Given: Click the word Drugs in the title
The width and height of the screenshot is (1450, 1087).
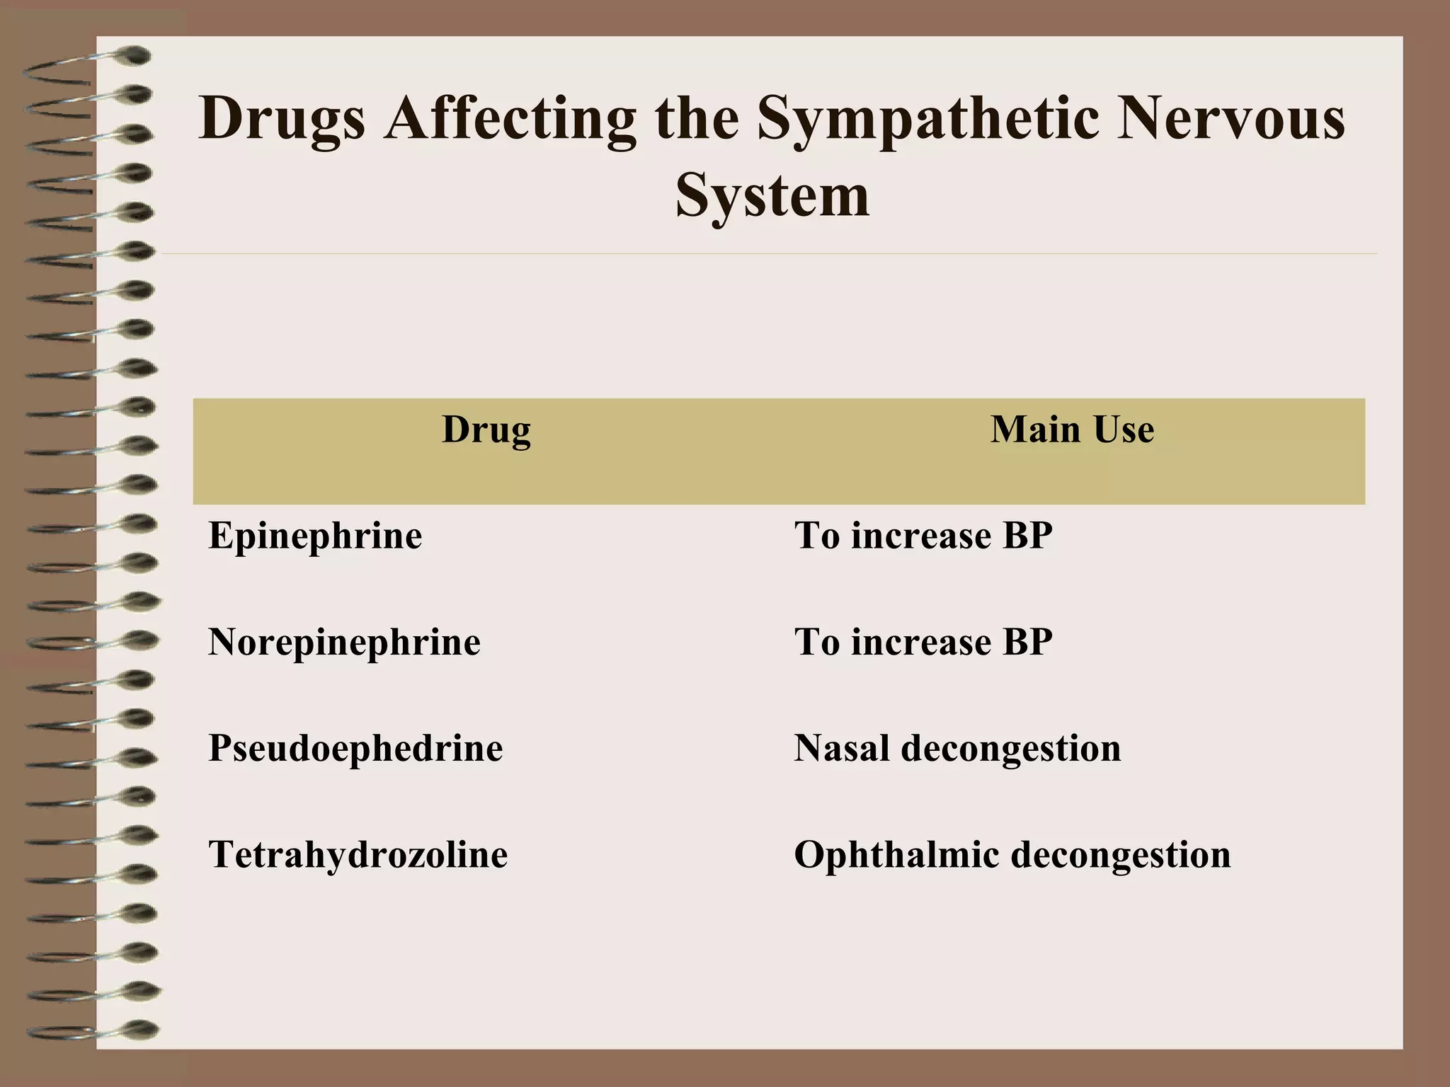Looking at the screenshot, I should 282,119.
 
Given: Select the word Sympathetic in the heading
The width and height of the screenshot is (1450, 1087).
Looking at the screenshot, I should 927,119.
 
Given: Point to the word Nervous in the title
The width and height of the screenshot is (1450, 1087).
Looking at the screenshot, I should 1230,117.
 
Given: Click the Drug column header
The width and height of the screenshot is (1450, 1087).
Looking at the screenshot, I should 486,430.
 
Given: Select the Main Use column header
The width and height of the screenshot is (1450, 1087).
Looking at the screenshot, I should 1072,429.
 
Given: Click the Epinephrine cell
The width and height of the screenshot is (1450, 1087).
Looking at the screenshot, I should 315,536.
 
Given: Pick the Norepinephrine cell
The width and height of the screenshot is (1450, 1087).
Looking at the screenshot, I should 344,642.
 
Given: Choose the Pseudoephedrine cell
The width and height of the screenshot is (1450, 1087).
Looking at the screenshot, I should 355,748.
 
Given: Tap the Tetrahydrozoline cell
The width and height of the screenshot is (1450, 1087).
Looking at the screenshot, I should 358,854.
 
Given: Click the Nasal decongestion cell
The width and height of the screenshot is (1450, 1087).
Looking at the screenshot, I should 957,748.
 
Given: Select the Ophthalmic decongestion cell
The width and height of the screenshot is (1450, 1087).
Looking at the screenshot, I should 1012,854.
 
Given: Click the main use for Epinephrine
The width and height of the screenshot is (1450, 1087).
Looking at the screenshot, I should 923,536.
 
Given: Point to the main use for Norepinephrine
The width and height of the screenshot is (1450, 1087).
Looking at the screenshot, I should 923,642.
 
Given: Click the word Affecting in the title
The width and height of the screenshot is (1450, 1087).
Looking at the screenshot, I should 510,119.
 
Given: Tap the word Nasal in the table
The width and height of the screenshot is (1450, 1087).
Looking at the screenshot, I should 841,748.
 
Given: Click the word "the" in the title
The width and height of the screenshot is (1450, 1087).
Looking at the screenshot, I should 697,117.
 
